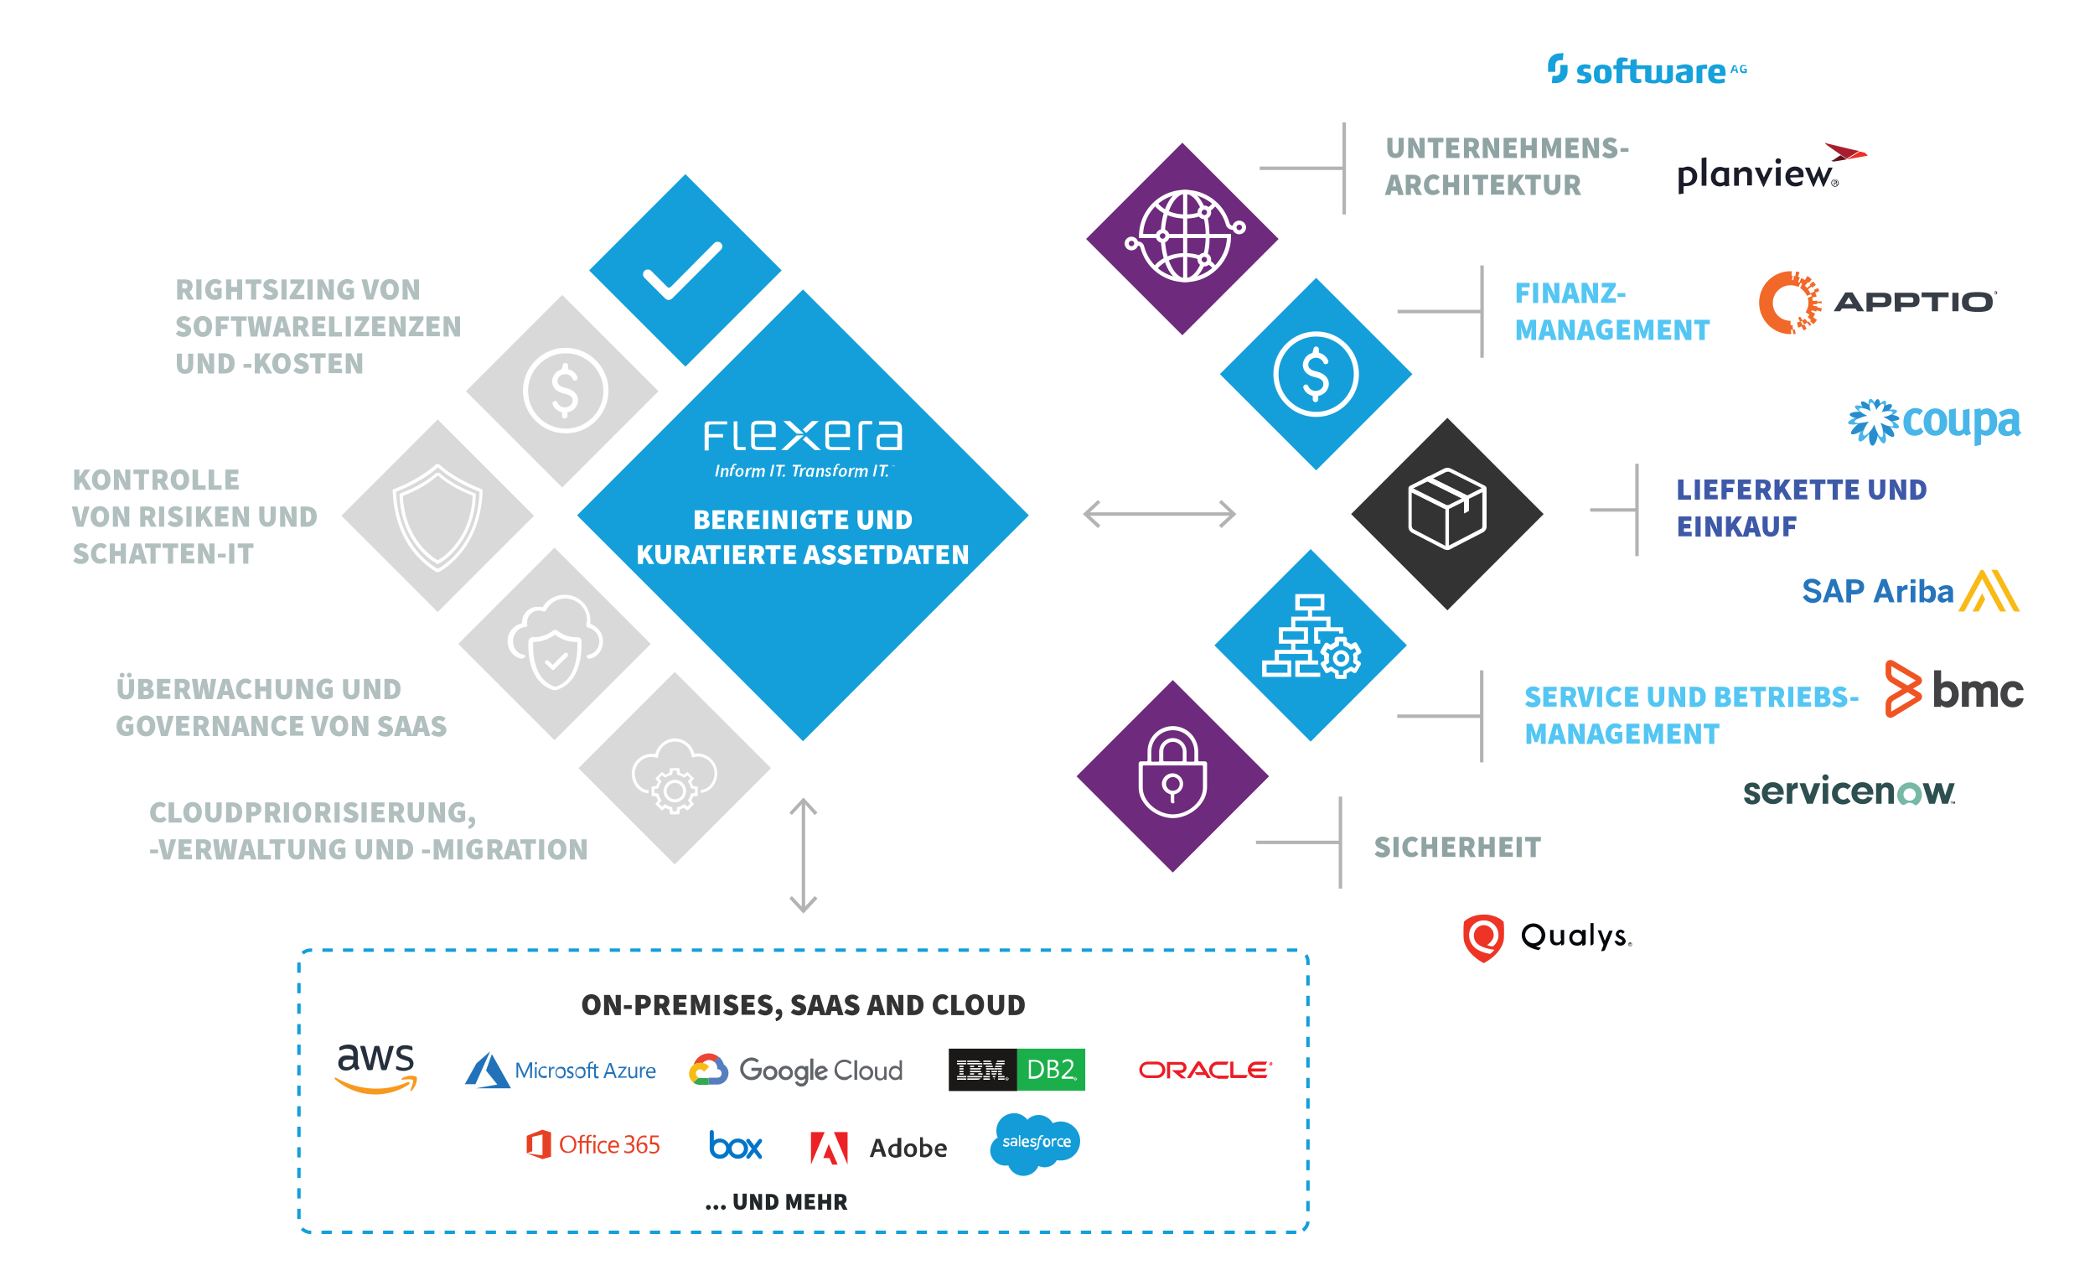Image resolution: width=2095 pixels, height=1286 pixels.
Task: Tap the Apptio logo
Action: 1875,302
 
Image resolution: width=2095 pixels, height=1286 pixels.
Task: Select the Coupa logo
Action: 1933,421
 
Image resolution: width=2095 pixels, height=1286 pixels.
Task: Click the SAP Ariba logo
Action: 1909,591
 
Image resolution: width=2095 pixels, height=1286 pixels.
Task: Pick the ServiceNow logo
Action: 1849,791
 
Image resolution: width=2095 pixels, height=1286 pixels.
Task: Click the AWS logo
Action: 375,1067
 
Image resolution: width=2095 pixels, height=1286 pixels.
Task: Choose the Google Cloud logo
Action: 796,1070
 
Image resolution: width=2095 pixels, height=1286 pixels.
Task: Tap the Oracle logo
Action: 1205,1070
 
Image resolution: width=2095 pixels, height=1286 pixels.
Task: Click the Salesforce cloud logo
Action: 1035,1143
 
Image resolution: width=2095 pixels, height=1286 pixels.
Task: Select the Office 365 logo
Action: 592,1145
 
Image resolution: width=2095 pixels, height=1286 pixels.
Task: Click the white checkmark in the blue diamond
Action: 683,271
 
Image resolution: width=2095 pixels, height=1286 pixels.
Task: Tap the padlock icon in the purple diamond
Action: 1172,773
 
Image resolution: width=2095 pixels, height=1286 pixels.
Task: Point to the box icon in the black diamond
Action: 1447,509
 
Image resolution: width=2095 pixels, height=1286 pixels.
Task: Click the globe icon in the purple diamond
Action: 1184,236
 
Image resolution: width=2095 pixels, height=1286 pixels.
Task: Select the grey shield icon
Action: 437,516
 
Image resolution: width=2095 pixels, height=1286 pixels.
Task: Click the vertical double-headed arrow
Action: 804,855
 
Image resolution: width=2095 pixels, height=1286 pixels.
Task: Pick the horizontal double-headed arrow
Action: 1159,514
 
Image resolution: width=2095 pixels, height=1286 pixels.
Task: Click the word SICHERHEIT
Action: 1457,847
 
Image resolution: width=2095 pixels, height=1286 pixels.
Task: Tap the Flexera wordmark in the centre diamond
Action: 803,435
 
